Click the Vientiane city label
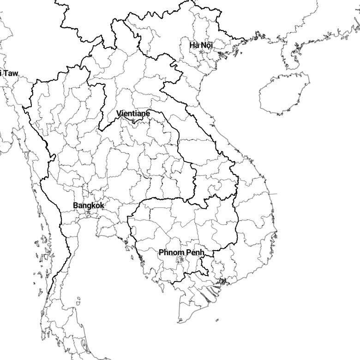(133, 114)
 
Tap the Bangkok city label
(89, 205)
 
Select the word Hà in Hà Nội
(194, 45)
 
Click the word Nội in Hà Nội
(207, 45)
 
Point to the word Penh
(195, 252)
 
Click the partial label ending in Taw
(9, 73)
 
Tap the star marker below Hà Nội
(201, 52)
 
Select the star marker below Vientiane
(133, 120)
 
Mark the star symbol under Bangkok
(89, 212)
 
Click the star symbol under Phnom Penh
(181, 259)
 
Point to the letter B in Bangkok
(75, 205)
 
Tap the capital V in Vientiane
(119, 114)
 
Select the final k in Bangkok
(102, 205)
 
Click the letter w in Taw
(15, 73)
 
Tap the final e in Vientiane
(148, 114)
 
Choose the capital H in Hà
(192, 45)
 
